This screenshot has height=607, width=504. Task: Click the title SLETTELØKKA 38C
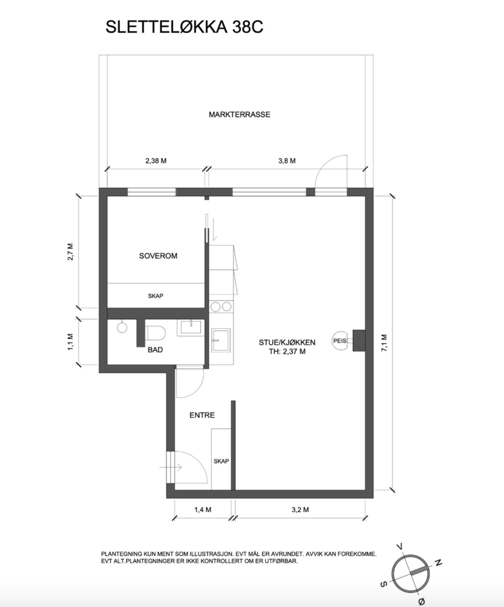184,27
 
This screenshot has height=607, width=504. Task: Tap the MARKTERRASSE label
239,115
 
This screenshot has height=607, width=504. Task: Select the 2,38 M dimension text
156,161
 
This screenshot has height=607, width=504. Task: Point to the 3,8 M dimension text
287,161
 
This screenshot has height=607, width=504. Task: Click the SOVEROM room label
158,256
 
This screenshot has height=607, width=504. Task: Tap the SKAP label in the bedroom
155,296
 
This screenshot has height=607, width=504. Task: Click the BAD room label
155,350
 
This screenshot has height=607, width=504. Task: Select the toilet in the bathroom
156,333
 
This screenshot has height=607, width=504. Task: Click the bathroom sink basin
191,327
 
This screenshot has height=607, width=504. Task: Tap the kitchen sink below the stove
220,340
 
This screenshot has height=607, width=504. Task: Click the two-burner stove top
221,307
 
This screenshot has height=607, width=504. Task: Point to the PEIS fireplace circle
340,341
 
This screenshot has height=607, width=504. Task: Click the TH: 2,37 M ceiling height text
287,352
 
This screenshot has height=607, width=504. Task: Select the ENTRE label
202,415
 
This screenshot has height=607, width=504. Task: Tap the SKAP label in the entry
221,461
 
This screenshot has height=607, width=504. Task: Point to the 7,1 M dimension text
384,343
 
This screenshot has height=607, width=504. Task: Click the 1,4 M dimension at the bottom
203,510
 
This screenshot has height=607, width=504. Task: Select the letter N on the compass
438,562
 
